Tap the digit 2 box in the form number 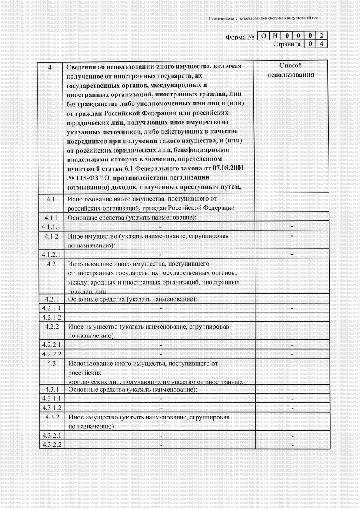point(321,36)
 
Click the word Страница point(287,44)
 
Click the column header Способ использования point(291,70)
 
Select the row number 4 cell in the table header point(50,67)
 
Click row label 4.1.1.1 point(51,227)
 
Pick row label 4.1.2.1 point(51,254)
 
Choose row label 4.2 point(51,264)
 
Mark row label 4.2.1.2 point(51,317)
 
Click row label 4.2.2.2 point(51,354)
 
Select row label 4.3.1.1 point(51,398)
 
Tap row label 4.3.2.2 point(51,445)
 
